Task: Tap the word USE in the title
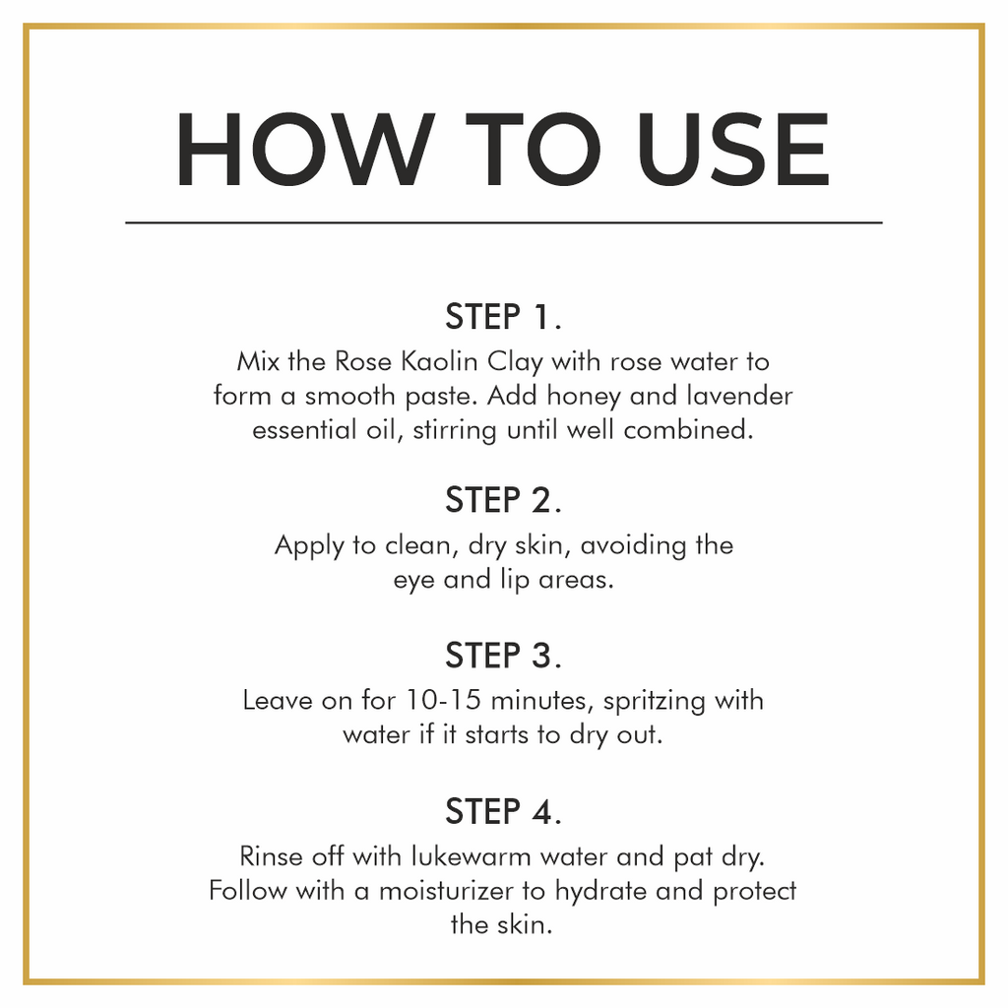[733, 150]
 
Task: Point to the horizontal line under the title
[504, 223]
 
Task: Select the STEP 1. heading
[503, 316]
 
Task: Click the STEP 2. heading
[503, 500]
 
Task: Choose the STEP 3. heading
[503, 656]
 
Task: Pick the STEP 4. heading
[503, 811]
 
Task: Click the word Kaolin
[439, 361]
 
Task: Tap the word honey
[584, 397]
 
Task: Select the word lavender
[740, 396]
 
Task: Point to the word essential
[304, 430]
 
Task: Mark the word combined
[688, 430]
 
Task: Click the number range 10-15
[443, 700]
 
